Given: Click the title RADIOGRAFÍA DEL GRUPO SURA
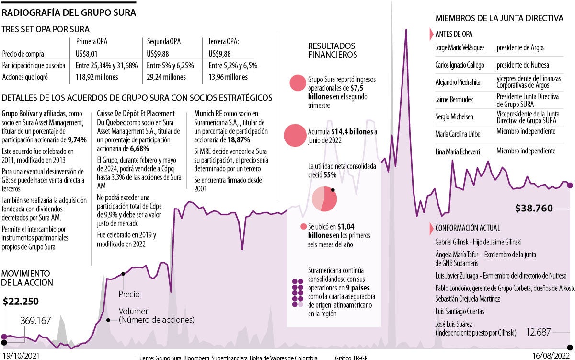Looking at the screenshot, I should point(69,12).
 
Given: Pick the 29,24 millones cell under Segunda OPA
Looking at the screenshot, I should point(166,77).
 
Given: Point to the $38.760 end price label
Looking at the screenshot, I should point(534,208).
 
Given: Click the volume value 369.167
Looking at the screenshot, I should point(36,321).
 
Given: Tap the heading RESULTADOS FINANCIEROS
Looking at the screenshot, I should point(332,50).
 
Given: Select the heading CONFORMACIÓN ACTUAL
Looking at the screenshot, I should point(468,228).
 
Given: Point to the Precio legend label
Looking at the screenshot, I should point(129,294).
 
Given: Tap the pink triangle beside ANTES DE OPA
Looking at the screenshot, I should point(431,35).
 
